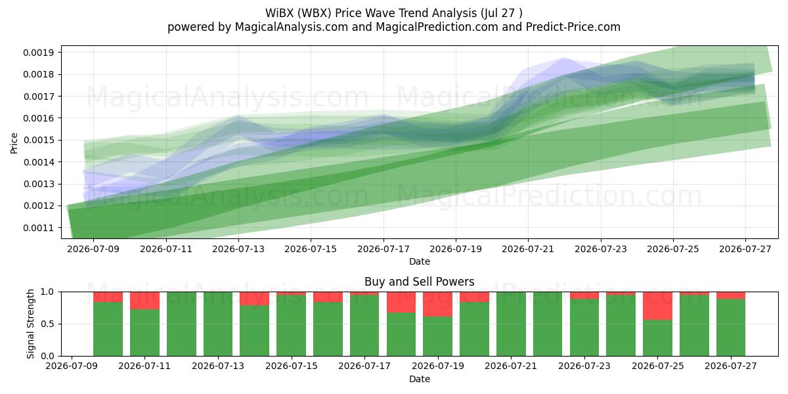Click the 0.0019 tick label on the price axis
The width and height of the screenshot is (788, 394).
38,53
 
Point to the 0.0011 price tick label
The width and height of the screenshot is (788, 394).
38,228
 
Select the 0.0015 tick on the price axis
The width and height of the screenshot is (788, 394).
38,141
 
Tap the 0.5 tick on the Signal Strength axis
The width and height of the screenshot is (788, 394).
48,324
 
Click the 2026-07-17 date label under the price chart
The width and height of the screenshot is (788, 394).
383,249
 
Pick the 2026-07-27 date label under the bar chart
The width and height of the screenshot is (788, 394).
731,366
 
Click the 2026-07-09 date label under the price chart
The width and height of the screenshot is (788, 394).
93,249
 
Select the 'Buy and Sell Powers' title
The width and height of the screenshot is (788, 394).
420,282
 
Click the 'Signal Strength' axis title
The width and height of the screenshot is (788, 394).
31,324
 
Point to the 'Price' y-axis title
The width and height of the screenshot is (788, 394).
14,143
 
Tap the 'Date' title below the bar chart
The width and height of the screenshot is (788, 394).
420,379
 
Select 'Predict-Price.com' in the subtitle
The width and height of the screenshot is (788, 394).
573,27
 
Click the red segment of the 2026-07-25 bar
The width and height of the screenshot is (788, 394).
657,306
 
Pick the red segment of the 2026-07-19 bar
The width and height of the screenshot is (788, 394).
437,304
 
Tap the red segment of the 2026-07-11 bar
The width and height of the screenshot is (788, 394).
144,301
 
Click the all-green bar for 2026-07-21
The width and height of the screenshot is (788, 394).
511,324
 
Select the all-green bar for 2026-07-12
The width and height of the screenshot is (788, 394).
181,324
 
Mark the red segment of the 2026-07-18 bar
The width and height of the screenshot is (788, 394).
401,302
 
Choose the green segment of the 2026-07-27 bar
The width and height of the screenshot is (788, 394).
731,328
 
